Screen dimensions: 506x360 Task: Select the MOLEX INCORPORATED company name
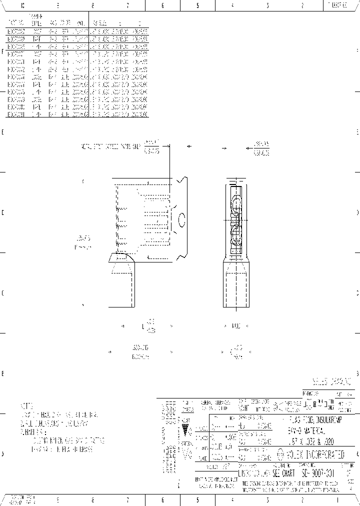pos(317,454)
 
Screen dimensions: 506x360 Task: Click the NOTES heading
pos(27,406)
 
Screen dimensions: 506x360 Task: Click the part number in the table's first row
pos(15,30)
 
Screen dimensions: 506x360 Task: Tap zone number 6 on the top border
pos(162,6)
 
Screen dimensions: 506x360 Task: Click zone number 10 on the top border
pos(22,6)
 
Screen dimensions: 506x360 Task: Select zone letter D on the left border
pos(2,212)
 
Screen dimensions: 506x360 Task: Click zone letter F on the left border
pos(2,51)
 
